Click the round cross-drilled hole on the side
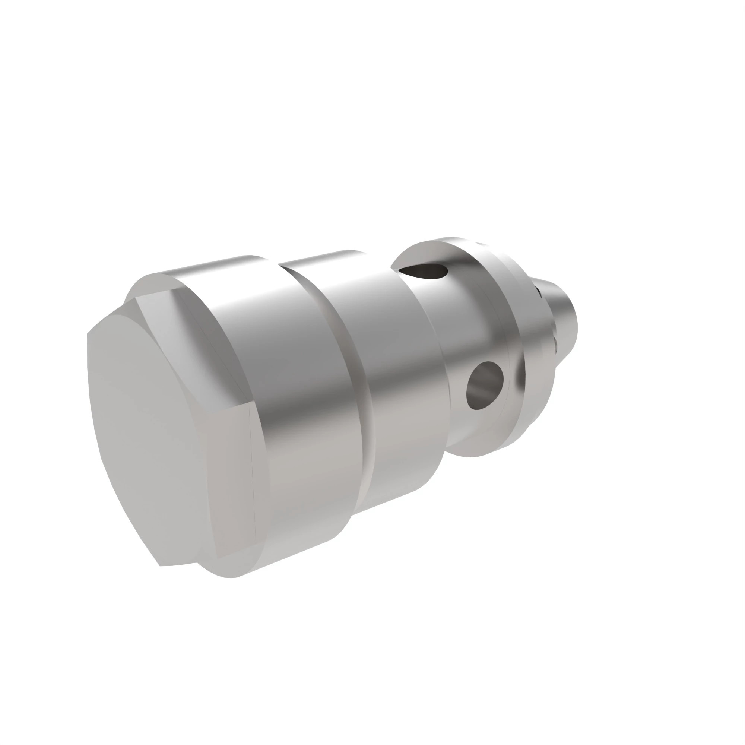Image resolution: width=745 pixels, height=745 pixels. [x=484, y=386]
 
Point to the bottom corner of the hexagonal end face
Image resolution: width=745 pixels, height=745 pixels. [x=161, y=566]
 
